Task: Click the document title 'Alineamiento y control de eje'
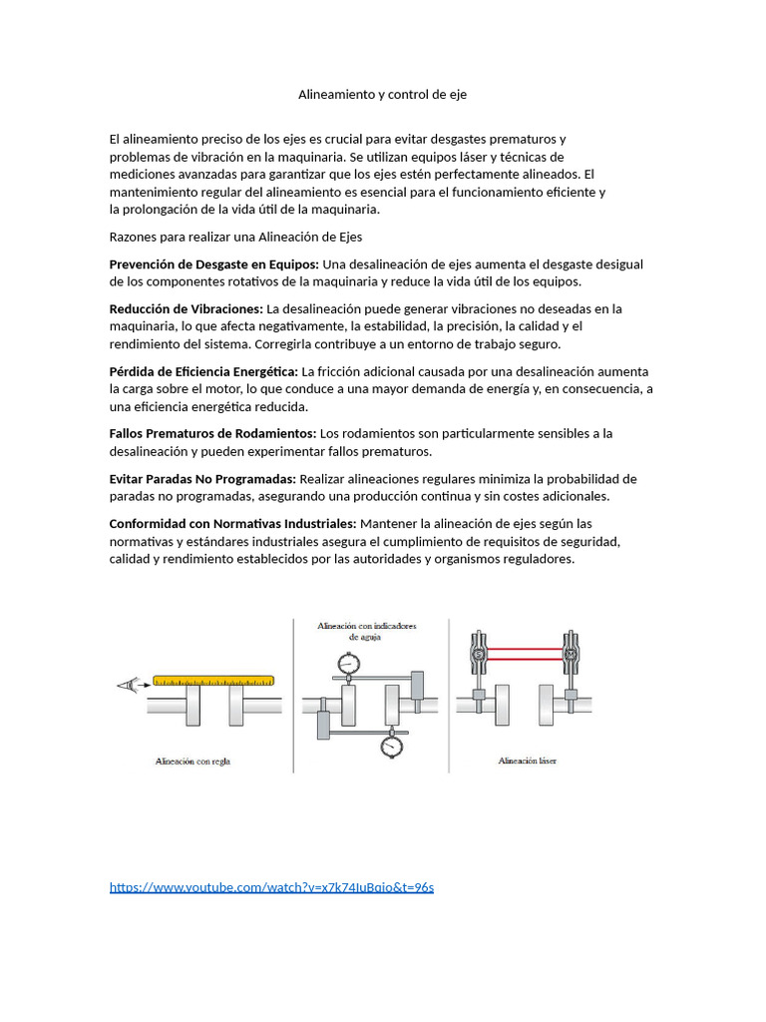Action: [382, 95]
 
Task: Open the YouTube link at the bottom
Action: [271, 887]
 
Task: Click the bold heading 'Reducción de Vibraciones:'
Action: [186, 309]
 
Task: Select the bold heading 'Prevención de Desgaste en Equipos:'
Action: [214, 264]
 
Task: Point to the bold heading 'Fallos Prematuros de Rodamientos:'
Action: [212, 433]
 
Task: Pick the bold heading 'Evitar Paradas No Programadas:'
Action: [202, 479]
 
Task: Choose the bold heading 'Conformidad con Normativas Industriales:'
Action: [232, 524]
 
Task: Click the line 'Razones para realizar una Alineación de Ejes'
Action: [235, 237]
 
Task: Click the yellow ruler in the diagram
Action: [213, 682]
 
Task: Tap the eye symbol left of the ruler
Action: [128, 684]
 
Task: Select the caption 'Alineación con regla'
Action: [200, 761]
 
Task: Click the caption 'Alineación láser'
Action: [528, 761]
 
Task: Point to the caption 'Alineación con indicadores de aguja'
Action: [366, 631]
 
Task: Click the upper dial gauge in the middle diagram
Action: [348, 663]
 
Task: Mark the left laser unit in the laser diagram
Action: [478, 653]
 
